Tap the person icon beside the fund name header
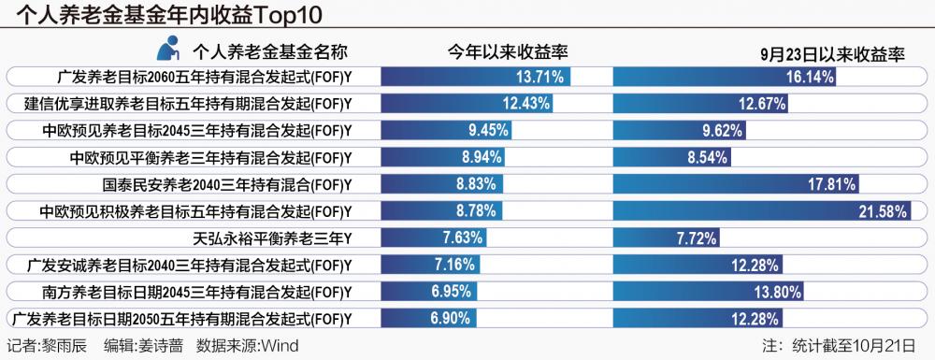click(x=168, y=50)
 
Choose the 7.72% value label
click(x=696, y=238)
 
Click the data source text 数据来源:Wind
click(x=248, y=346)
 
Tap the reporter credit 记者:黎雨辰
click(x=47, y=346)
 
